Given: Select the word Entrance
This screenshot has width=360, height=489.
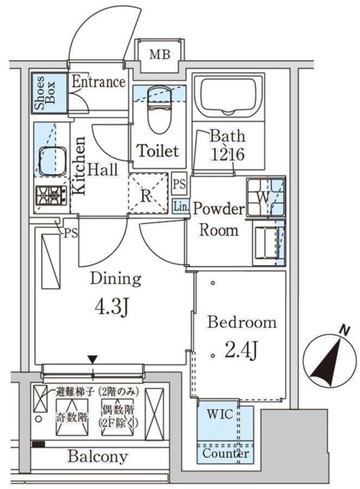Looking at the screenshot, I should click(x=98, y=82).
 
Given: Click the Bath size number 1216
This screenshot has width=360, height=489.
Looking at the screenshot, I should click(x=229, y=154).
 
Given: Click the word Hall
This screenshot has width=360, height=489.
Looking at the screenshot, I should click(x=102, y=170).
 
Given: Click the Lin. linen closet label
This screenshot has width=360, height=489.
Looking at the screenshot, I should click(x=180, y=206).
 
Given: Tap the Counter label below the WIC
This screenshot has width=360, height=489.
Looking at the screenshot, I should click(x=225, y=453).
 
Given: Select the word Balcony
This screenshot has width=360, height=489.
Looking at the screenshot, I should click(x=97, y=457).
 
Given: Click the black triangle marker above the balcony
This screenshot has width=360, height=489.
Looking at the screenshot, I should click(x=93, y=358).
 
